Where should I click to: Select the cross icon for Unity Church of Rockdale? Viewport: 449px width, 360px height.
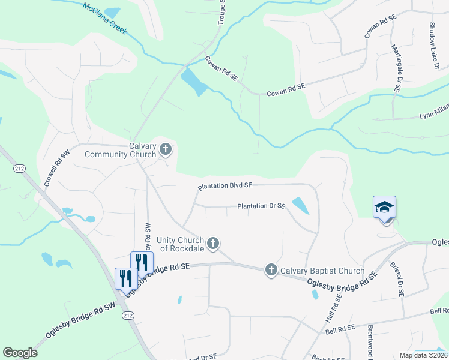212,244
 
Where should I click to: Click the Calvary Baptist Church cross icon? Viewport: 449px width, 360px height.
271,270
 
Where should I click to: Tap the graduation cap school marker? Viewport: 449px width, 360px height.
384,208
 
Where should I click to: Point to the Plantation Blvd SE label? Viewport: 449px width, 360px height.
225,187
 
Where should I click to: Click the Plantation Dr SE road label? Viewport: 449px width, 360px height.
261,206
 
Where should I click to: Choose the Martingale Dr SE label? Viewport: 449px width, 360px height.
396,68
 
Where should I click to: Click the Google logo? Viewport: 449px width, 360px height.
20,353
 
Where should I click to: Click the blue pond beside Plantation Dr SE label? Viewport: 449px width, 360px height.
300,206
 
